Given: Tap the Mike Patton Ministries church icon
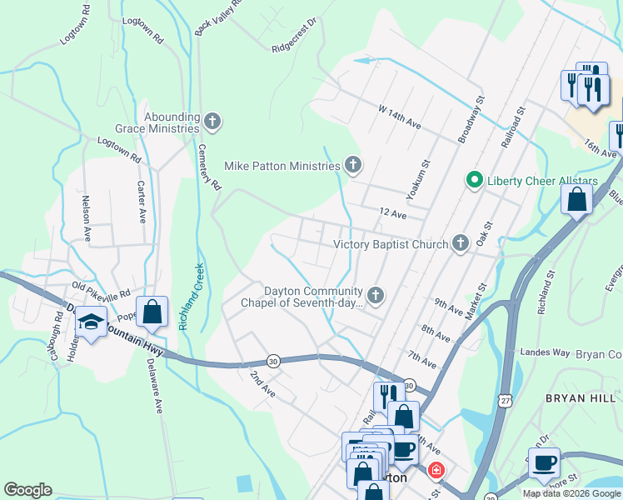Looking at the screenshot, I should click(353, 166).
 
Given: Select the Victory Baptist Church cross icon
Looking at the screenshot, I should click(460, 244).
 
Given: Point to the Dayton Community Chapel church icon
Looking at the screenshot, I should click(376, 295).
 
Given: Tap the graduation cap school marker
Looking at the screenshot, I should click(90, 322).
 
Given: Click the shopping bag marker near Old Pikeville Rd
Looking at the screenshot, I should click(152, 313).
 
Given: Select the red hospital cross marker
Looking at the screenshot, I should click(435, 472).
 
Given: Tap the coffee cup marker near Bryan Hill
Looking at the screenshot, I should click(544, 462).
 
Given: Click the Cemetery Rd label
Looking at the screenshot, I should click(209, 165).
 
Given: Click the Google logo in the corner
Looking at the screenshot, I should click(28, 490).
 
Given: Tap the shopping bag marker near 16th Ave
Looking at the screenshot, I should click(576, 201).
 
